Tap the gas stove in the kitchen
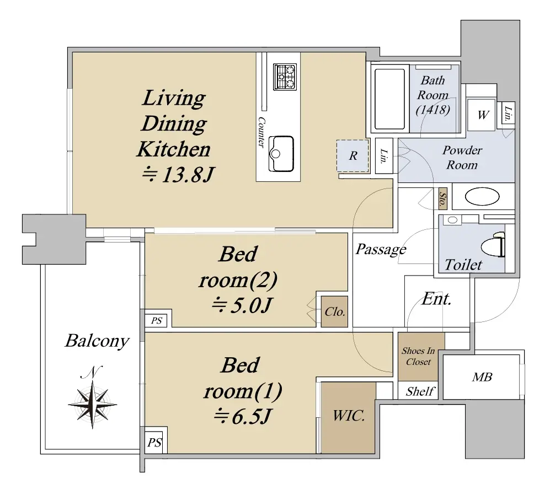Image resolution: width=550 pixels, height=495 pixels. click(285, 77)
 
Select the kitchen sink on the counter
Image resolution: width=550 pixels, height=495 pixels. click(281, 154)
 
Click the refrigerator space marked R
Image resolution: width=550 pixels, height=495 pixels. click(353, 155)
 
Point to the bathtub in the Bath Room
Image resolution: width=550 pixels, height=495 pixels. click(389, 99)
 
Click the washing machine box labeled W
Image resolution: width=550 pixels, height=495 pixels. click(482, 115)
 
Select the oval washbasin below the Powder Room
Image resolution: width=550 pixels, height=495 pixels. click(482, 196)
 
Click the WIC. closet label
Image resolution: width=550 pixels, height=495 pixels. click(349, 416)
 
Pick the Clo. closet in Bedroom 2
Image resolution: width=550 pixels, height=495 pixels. click(335, 311)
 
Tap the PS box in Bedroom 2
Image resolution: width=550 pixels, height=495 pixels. click(157, 320)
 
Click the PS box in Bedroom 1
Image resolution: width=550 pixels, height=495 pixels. click(154, 443)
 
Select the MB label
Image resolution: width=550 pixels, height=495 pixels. click(482, 377)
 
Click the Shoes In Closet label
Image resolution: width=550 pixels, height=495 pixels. click(418, 356)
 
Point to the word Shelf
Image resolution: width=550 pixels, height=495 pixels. click(420, 391)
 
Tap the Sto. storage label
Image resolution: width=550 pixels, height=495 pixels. click(442, 199)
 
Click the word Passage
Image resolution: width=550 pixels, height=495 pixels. click(381, 249)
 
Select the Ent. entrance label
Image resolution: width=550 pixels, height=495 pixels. click(436, 299)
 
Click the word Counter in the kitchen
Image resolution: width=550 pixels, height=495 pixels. click(261, 132)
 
